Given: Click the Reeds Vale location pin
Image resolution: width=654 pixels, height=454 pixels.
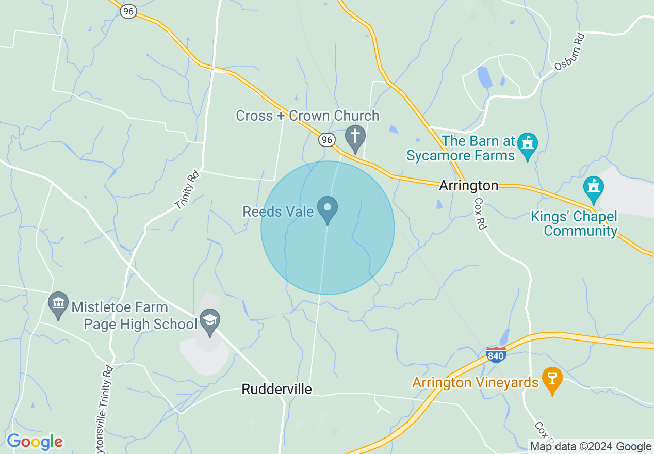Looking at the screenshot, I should point(328,208).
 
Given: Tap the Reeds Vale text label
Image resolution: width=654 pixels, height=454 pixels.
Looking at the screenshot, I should point(278,212).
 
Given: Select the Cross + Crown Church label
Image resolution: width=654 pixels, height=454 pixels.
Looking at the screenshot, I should point(307,116).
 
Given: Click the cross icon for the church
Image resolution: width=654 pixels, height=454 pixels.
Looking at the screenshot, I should point(355,137).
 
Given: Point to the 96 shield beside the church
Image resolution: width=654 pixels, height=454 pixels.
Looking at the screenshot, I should point(327,139).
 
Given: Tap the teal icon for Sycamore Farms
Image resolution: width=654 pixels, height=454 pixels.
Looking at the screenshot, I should point(528,144).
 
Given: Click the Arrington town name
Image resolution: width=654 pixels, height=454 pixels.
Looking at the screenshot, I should point(469,186).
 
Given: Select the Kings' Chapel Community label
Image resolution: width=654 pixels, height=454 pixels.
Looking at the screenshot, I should point(574,223).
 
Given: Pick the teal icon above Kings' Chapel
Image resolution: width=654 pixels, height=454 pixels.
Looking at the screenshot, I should point(593,187).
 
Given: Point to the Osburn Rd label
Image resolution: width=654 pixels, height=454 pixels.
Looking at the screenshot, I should point(570,52).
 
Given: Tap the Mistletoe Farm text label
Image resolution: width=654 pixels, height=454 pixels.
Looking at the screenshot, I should point(120,307).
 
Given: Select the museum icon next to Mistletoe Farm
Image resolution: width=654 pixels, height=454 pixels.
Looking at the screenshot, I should point(58,303).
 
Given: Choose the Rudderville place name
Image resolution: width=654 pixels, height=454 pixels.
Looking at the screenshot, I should point(277,389).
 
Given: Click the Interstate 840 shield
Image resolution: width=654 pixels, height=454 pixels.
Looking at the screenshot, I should point(496,355).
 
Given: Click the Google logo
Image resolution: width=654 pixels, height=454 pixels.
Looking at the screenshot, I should point(35,442).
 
